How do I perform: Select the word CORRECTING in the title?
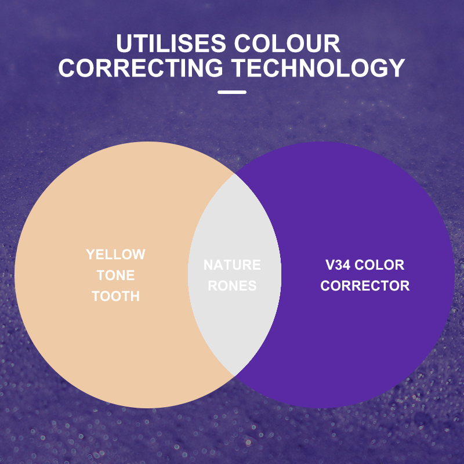click(140, 68)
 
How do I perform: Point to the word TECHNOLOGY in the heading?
click(318, 68)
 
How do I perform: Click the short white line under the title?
click(232, 92)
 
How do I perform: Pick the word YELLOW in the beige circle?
click(115, 255)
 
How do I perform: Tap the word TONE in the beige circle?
click(115, 275)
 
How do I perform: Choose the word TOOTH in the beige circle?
click(115, 296)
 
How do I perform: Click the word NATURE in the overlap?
click(232, 265)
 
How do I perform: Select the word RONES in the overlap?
click(232, 286)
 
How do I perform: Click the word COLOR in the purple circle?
click(379, 265)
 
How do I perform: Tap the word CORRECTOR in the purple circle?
click(365, 286)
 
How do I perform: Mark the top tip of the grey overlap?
click(234, 173)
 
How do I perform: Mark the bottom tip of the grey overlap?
click(234, 375)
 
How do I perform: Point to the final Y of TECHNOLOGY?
click(395, 68)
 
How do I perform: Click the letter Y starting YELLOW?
click(90, 255)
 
